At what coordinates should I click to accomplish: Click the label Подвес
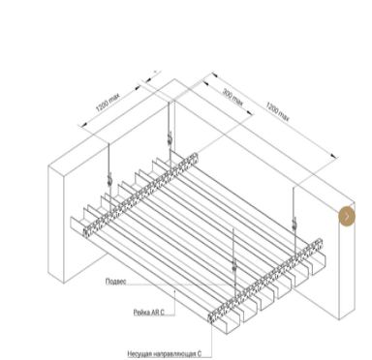115,282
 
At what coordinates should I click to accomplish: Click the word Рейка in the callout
141,312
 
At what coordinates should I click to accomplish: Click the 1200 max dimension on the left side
108,103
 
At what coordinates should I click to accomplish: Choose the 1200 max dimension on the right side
277,111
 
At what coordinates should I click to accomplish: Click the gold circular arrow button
347,216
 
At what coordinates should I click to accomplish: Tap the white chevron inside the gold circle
347,216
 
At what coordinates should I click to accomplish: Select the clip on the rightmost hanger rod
294,224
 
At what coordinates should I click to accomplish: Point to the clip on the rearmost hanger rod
169,138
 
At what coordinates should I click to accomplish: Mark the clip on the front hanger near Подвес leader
234,266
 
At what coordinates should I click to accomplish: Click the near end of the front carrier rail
211,317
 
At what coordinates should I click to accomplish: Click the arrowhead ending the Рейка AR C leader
174,290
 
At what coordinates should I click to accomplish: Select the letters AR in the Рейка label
154,312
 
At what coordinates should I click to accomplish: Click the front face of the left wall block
56,225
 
